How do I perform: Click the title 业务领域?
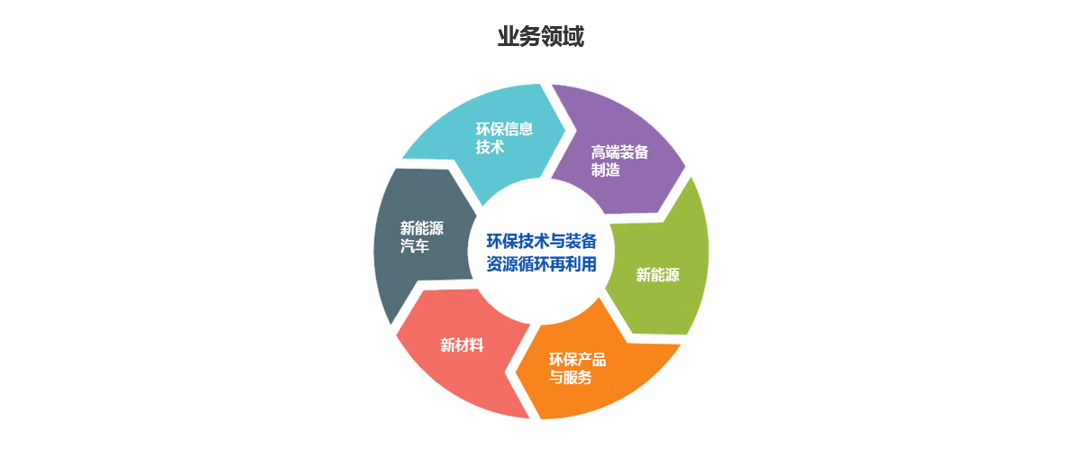click(x=540, y=36)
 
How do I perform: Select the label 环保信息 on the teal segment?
click(x=504, y=129)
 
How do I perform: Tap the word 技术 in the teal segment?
click(x=490, y=146)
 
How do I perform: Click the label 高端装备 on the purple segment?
click(x=619, y=152)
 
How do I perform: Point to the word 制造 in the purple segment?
click(x=605, y=170)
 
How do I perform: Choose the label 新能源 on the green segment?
click(x=657, y=274)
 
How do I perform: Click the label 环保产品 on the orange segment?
click(x=577, y=359)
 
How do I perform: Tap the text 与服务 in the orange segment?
click(x=570, y=377)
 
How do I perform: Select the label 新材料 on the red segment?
click(x=462, y=345)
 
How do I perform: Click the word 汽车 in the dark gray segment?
click(x=415, y=245)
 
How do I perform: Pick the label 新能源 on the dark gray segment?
click(x=422, y=227)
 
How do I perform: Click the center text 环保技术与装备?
click(x=541, y=241)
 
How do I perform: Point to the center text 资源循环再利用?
click(x=541, y=264)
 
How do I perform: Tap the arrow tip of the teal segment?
click(x=565, y=129)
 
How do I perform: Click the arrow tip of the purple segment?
click(x=685, y=167)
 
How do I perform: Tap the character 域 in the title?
click(x=573, y=36)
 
